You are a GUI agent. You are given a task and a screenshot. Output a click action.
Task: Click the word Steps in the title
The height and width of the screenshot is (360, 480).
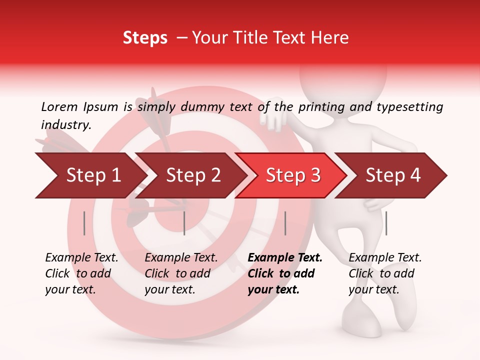point(145,38)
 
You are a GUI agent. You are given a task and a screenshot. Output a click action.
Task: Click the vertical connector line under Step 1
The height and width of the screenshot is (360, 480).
point(84,223)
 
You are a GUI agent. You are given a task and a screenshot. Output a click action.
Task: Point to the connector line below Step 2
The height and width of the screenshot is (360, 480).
point(184,223)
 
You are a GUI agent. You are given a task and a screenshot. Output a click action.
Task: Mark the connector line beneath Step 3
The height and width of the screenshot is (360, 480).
point(285,223)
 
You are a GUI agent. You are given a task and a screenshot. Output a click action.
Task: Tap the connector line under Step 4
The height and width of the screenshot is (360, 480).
point(386,223)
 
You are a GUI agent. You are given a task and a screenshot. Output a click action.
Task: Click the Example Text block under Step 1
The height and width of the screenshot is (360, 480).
point(81,273)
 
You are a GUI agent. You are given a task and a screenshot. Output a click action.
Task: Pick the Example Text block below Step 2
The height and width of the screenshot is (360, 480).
point(181,273)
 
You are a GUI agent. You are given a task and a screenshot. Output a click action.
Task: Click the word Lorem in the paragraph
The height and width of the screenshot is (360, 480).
point(59,106)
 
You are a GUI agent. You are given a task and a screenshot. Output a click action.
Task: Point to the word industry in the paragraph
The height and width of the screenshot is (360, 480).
point(66,125)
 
